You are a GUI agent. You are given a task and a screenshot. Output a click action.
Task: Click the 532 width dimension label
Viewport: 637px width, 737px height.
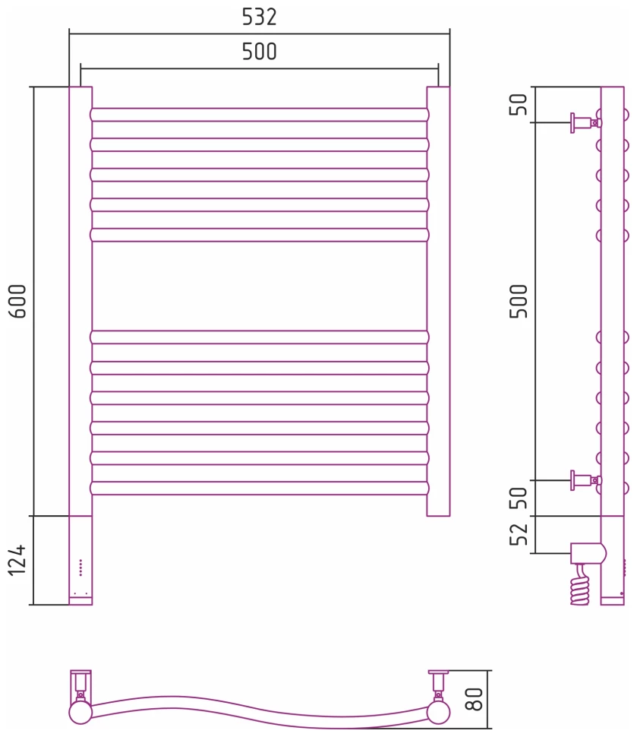260,17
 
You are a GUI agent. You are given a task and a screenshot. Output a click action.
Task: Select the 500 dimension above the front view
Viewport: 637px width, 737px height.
260,52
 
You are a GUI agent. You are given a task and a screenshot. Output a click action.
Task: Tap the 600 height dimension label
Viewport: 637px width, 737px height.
18,301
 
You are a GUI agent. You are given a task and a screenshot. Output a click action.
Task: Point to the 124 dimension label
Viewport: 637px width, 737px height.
18,560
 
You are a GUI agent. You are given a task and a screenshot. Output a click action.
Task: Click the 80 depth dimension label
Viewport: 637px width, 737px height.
474,698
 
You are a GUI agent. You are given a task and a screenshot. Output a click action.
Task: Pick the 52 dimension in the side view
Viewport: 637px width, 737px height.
519,535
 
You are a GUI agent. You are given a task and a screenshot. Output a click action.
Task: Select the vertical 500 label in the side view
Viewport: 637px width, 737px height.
519,301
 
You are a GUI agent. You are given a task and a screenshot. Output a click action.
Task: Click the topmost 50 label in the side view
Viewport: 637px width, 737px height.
519,105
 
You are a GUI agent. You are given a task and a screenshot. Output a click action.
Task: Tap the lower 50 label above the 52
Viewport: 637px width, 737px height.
519,498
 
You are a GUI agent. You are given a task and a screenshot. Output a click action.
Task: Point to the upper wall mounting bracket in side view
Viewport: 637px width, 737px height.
585,122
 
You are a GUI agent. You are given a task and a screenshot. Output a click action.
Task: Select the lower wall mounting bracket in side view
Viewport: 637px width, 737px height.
585,480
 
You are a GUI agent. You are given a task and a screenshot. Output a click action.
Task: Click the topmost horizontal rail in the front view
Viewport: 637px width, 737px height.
260,115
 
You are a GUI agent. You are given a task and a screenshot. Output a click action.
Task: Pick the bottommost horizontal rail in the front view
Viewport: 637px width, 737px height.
260,488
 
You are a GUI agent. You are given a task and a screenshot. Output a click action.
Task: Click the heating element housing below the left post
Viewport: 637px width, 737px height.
80,560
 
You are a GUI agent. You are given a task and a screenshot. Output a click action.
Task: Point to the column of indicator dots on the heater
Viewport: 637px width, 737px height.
80,568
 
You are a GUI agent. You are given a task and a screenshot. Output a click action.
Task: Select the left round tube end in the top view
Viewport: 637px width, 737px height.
80,713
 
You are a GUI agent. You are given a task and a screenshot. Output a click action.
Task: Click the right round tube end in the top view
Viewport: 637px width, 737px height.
438,713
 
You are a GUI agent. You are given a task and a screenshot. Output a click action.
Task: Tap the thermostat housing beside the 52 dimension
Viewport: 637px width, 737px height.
588,553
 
